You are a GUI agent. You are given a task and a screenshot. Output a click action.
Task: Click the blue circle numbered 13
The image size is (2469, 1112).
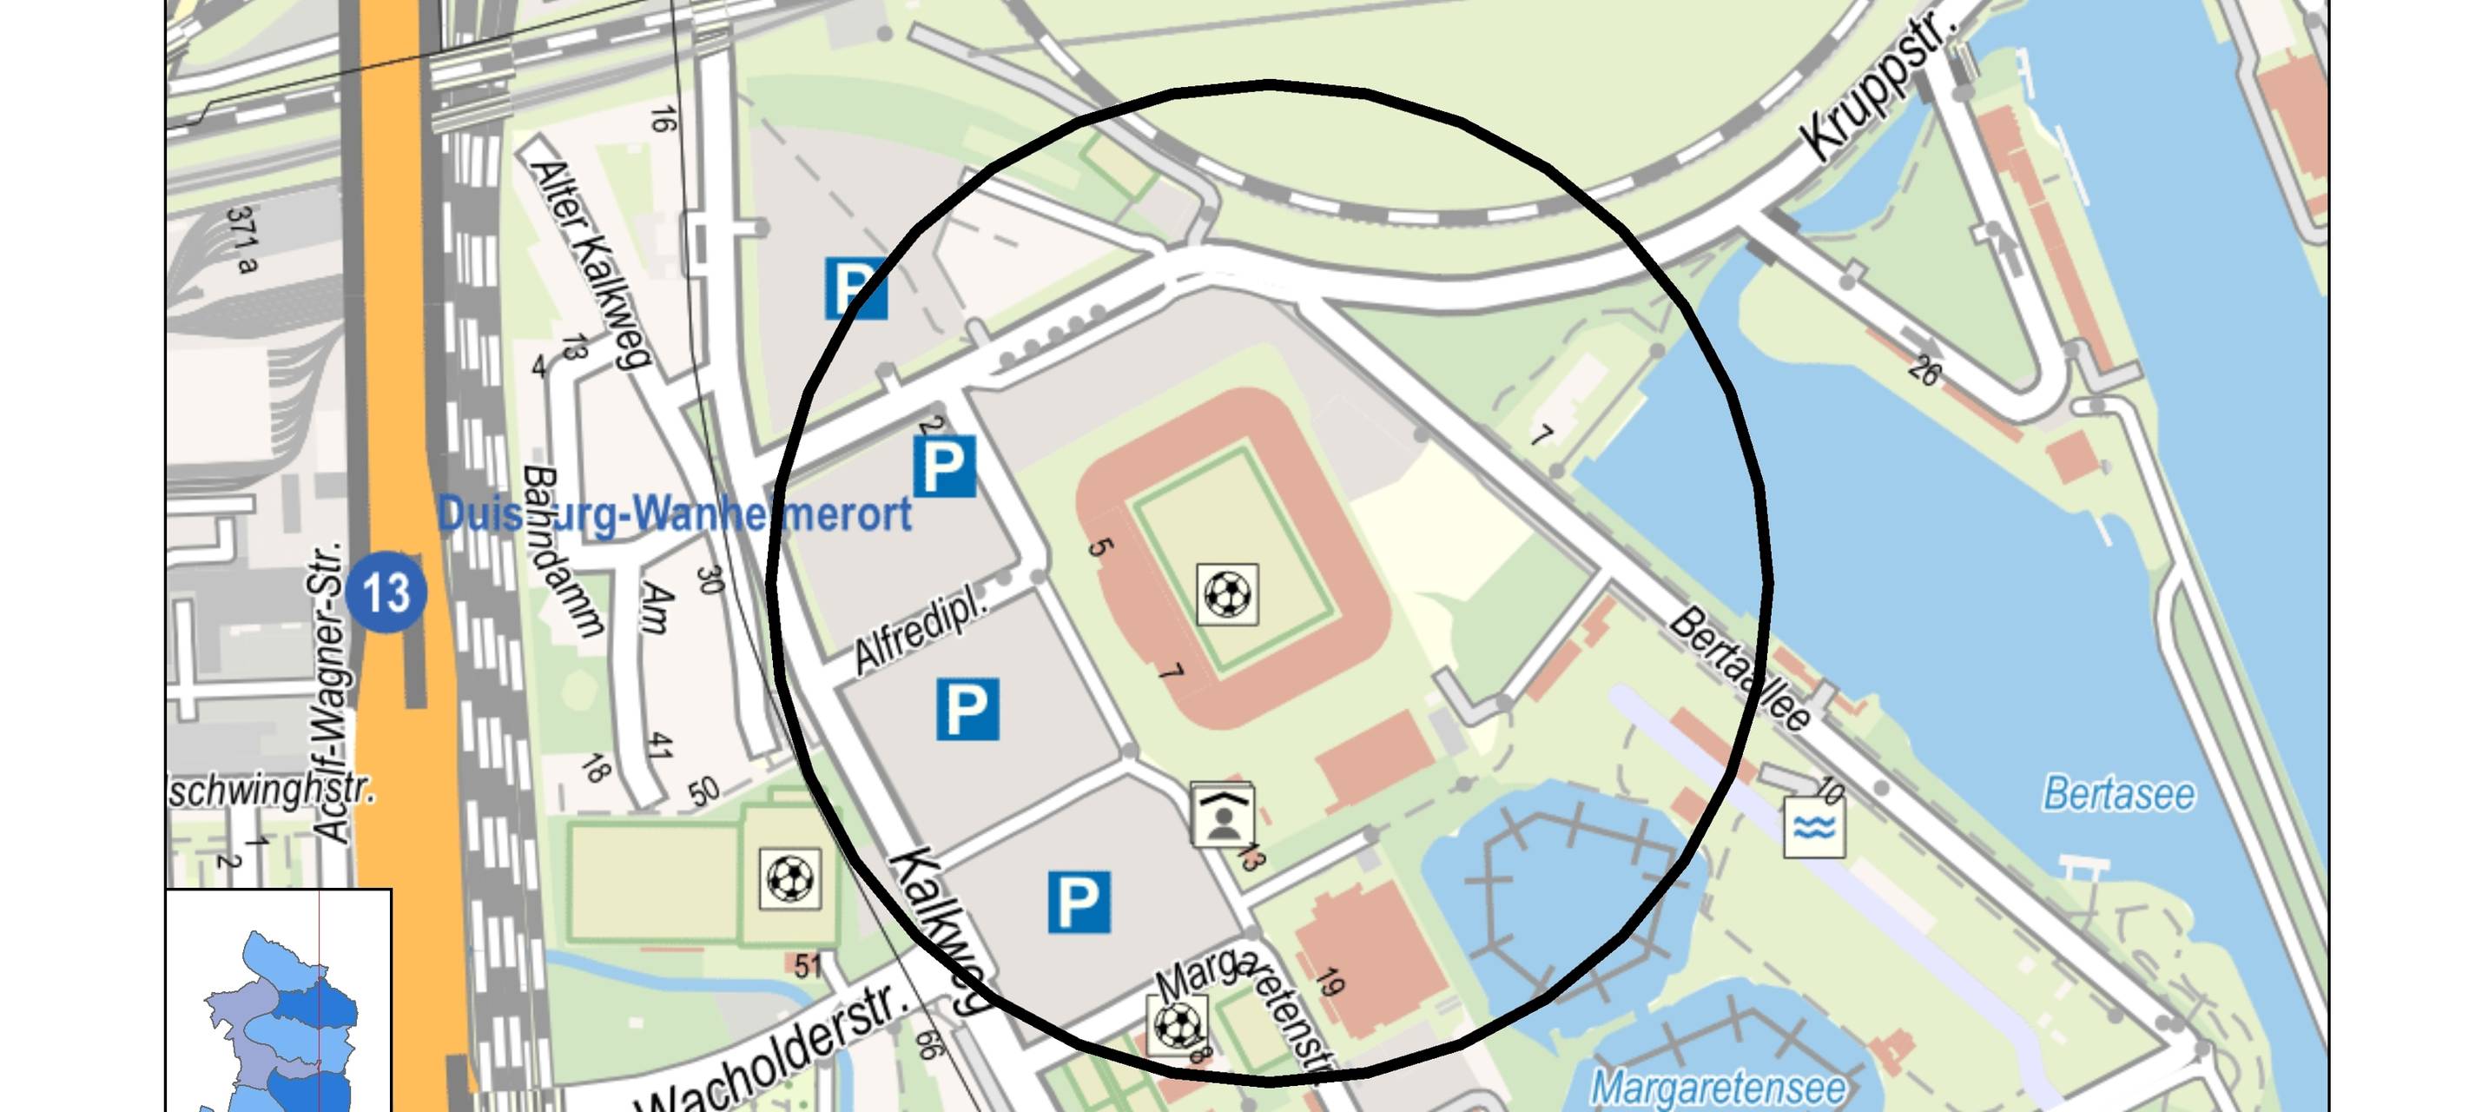(x=386, y=592)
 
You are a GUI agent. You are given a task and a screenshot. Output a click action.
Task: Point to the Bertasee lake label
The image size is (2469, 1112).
(x=2119, y=794)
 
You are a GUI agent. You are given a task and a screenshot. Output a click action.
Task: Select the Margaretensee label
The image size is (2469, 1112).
(x=1719, y=1087)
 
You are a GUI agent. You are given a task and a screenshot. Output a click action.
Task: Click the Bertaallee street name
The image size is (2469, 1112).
(x=1740, y=669)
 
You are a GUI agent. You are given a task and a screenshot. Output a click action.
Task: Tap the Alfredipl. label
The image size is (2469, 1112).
(x=919, y=630)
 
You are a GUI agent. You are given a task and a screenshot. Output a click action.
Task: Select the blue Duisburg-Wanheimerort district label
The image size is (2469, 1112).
(x=674, y=515)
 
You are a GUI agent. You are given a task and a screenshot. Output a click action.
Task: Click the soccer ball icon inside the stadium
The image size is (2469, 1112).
(x=1227, y=594)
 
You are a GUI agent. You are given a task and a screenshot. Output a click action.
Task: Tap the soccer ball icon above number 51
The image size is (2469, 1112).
(x=789, y=877)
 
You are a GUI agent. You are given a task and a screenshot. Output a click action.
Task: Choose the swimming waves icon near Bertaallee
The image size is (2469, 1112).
(x=1813, y=826)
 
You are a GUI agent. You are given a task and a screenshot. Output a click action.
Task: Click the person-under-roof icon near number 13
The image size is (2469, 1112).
(x=1222, y=816)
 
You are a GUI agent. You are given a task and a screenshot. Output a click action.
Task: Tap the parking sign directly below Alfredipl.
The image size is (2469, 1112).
(x=967, y=710)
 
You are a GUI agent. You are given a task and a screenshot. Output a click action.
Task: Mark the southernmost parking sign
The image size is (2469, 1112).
(x=1079, y=901)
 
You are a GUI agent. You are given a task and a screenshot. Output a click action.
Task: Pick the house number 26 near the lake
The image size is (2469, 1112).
(x=1923, y=370)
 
